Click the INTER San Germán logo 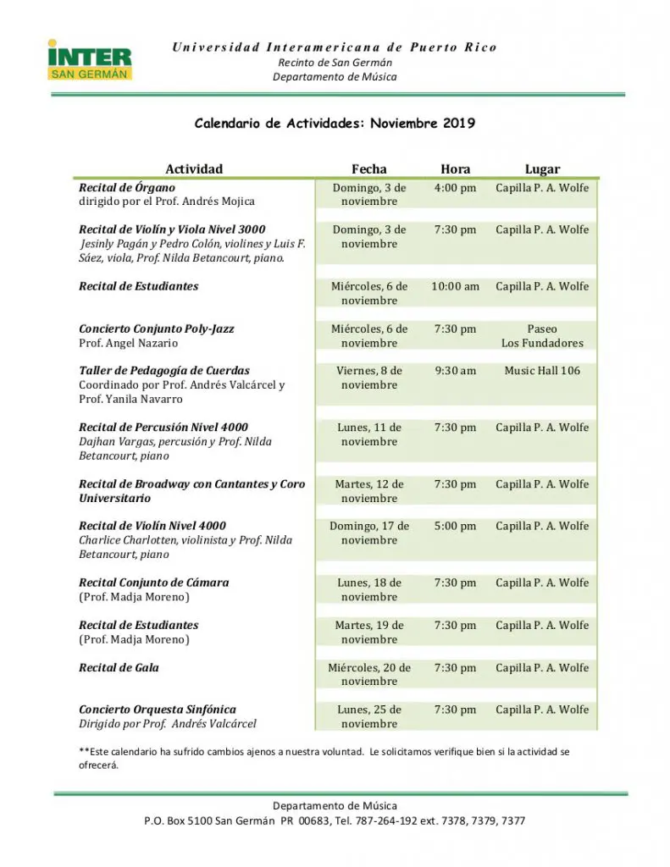[x=90, y=60]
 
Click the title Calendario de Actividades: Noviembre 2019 [x=335, y=123]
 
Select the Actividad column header [x=194, y=168]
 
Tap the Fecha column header [x=368, y=168]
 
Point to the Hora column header [x=455, y=168]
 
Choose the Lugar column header [x=542, y=168]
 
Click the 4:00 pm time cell [x=455, y=188]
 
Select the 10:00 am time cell [x=455, y=286]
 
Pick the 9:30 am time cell [x=455, y=371]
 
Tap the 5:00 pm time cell [x=455, y=526]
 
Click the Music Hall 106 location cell [x=542, y=371]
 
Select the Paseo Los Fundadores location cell [x=542, y=336]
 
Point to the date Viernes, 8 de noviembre [x=368, y=378]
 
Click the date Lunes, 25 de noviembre [x=368, y=716]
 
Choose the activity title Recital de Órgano [x=127, y=187]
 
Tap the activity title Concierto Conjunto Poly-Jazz [x=157, y=329]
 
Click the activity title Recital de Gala [x=119, y=667]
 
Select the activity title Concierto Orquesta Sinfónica [x=158, y=710]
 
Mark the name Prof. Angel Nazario [x=129, y=343]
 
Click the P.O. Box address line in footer [x=335, y=820]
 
